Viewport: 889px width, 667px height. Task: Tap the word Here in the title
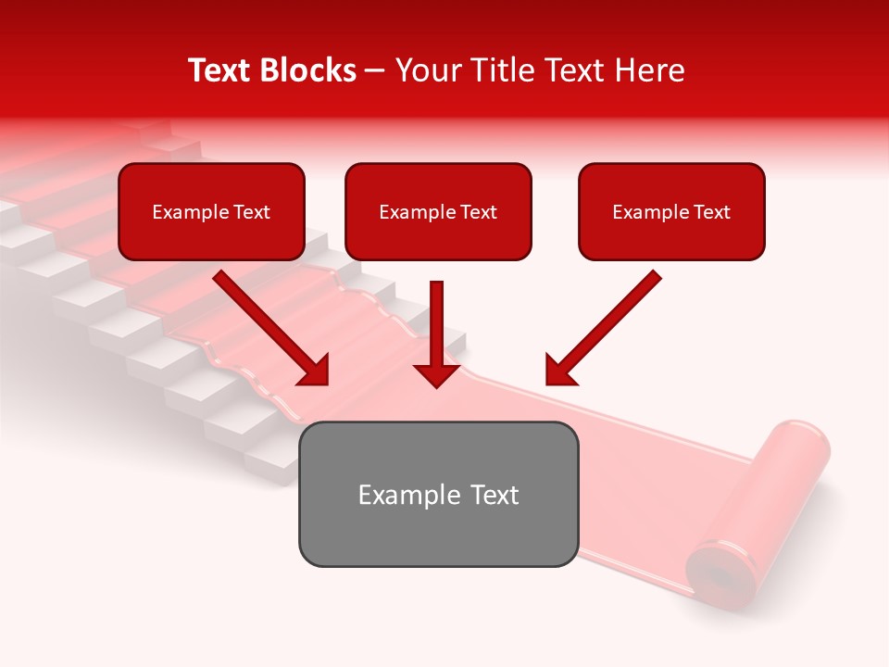click(x=649, y=70)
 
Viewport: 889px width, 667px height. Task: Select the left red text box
click(x=211, y=211)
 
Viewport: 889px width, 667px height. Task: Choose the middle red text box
click(x=438, y=211)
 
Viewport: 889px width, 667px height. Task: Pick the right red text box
click(x=671, y=211)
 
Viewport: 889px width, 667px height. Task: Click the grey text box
click(x=438, y=494)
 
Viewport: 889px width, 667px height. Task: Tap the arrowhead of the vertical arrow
click(x=436, y=374)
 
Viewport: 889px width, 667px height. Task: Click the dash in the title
click(x=375, y=70)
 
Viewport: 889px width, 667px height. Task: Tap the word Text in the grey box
click(x=494, y=495)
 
